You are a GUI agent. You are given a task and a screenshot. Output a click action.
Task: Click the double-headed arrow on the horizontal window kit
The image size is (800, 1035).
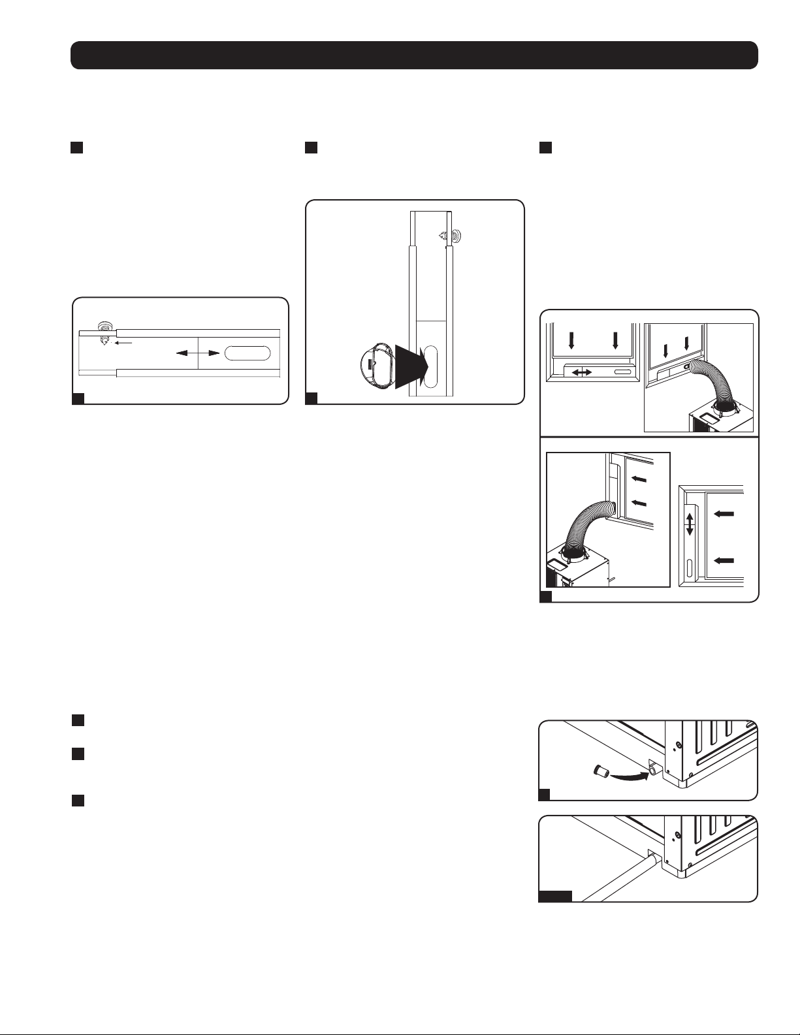pos(197,353)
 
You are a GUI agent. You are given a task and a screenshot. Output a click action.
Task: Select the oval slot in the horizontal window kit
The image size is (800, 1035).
pos(247,353)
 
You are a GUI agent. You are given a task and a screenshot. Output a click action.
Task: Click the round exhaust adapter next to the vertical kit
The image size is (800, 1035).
pos(376,367)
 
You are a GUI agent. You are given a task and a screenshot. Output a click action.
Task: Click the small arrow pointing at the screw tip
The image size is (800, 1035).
pos(124,342)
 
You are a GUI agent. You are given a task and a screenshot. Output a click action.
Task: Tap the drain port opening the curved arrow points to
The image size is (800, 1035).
pos(652,771)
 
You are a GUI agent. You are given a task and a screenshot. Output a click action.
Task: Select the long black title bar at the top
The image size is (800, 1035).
pos(414,56)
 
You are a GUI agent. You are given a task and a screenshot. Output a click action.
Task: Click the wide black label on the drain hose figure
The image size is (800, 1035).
pos(555,896)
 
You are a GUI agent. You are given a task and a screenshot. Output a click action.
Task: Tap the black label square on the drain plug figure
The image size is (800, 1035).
pos(544,795)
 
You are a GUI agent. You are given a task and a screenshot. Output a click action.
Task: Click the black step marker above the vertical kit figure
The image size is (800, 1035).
pos(311,148)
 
